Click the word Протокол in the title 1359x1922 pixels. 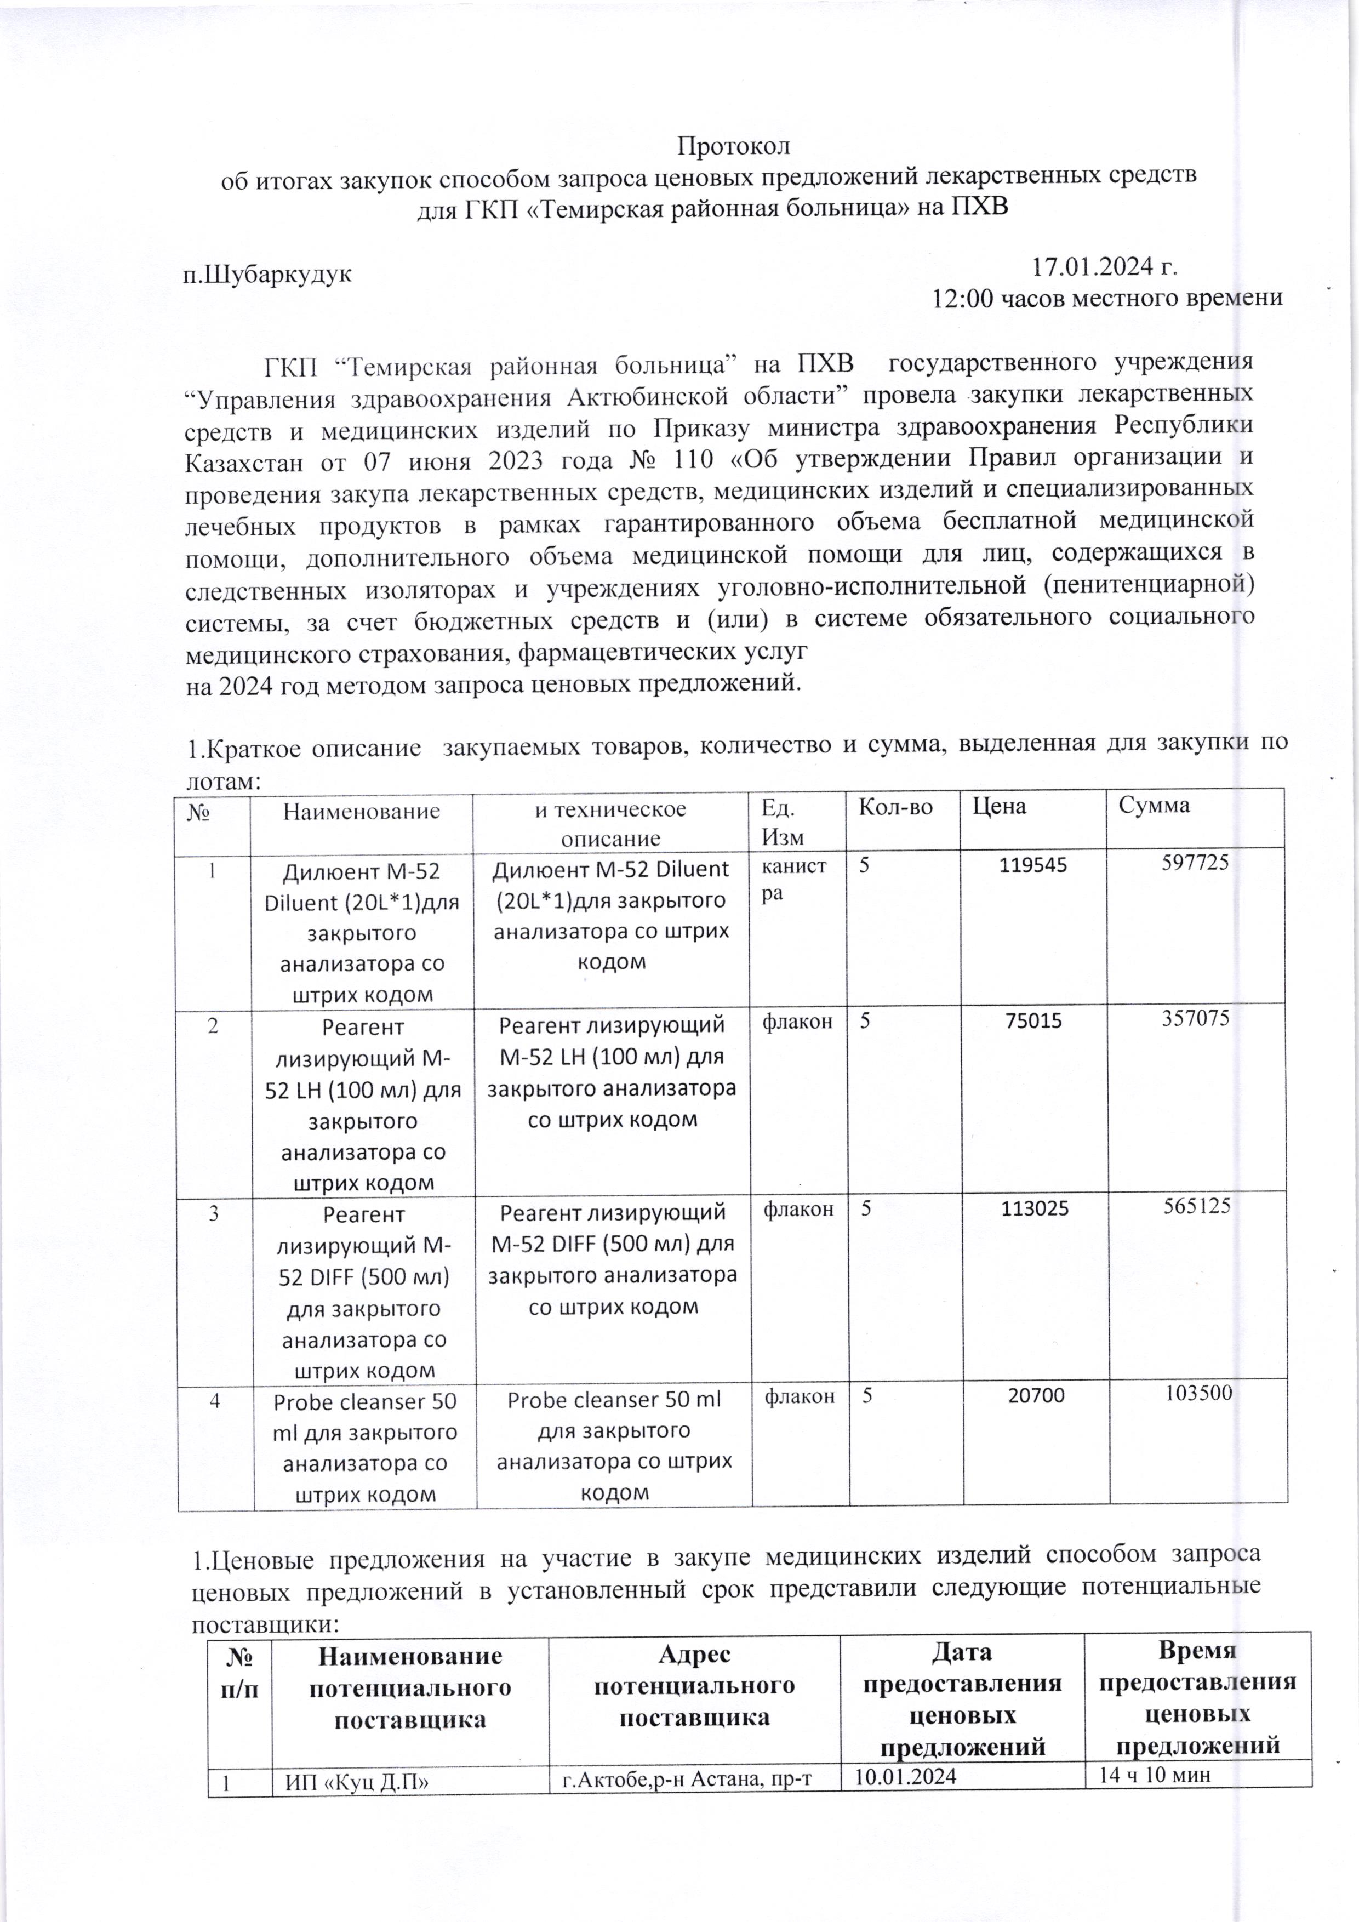[x=733, y=146]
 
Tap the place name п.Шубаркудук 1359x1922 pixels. [x=268, y=273]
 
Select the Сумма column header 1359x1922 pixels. [x=1154, y=805]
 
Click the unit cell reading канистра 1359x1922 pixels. [x=794, y=879]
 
